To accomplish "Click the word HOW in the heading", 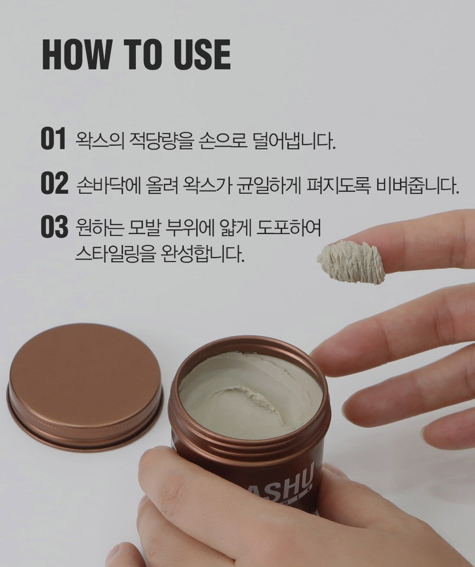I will tap(76, 55).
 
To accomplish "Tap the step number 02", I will tap(54, 184).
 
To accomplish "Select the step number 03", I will tap(54, 228).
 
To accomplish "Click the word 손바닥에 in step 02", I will tap(108, 185).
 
